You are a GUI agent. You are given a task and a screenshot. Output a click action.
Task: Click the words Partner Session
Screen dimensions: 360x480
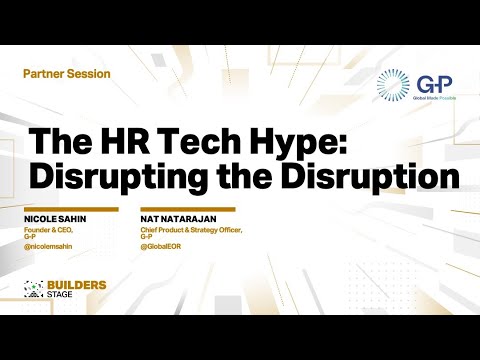point(66,74)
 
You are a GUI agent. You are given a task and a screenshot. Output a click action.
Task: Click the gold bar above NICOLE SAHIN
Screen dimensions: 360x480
point(70,209)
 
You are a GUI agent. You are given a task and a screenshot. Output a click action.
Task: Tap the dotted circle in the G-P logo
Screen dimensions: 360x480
point(392,86)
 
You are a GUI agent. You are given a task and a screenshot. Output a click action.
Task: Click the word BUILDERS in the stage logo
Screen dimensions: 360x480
point(77,286)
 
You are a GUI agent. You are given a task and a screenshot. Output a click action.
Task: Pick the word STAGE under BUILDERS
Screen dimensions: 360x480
point(65,296)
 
